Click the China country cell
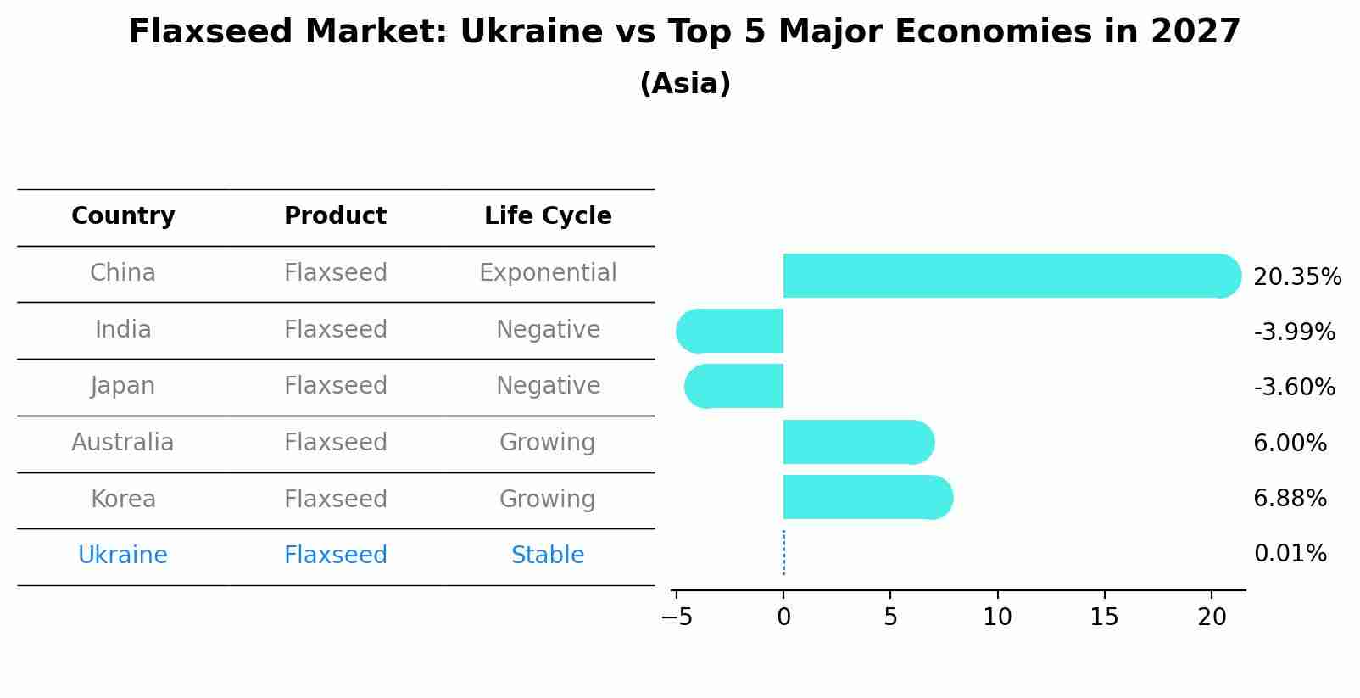[x=123, y=273]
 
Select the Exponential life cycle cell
[x=548, y=273]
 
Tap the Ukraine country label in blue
[x=123, y=556]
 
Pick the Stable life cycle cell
[x=548, y=556]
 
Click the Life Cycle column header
[x=548, y=216]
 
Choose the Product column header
[x=335, y=216]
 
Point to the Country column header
[x=123, y=216]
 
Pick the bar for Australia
[x=856, y=442]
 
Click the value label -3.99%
[x=1294, y=332]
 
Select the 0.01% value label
[x=1290, y=554]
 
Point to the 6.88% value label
[x=1290, y=499]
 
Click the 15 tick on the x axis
[x=1105, y=617]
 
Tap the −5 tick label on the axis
[x=677, y=617]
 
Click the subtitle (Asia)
[x=685, y=84]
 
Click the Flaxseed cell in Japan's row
[x=335, y=386]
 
